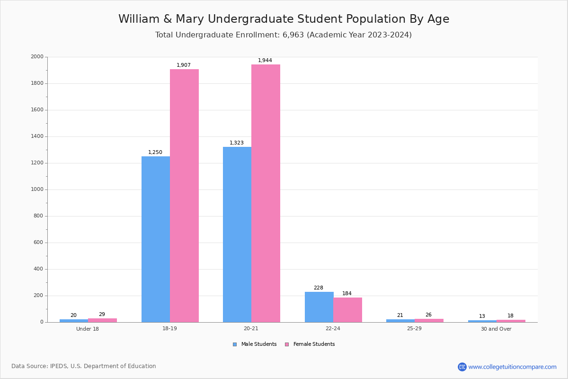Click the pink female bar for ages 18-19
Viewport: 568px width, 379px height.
(x=184, y=196)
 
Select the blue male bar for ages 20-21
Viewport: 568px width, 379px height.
(x=237, y=235)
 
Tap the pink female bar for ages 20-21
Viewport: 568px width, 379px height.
(x=266, y=193)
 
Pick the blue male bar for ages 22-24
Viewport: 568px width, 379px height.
(x=319, y=307)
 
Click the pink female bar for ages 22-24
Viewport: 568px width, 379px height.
(x=347, y=310)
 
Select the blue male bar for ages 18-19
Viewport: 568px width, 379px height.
(x=156, y=239)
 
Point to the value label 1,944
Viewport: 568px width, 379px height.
(x=265, y=61)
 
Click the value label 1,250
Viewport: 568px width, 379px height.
(x=155, y=153)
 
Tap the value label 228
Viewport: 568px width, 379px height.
(x=319, y=288)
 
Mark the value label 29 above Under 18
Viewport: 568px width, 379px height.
(x=102, y=315)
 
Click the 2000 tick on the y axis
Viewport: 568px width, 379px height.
(x=37, y=57)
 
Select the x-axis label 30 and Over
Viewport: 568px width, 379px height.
(x=496, y=329)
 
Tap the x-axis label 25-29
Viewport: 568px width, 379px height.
(x=415, y=329)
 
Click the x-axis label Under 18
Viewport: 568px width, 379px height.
(x=88, y=329)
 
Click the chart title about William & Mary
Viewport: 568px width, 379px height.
(x=284, y=19)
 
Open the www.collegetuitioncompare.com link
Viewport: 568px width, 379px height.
(x=512, y=367)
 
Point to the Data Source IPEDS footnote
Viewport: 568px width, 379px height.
(x=84, y=366)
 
